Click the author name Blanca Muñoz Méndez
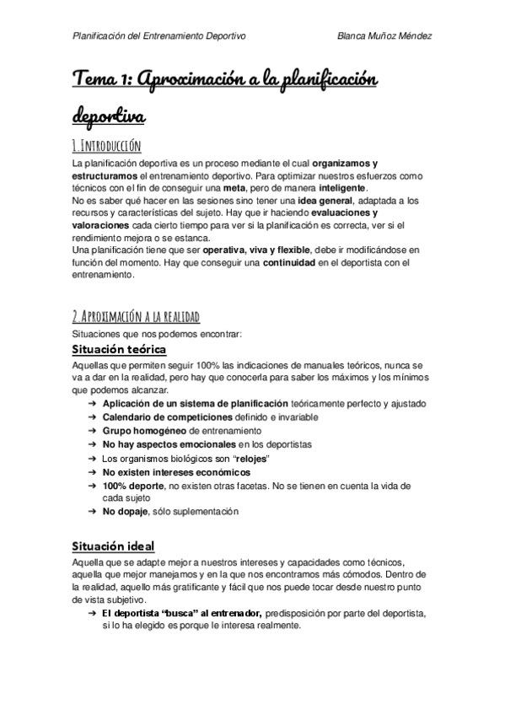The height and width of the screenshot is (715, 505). pyautogui.click(x=384, y=35)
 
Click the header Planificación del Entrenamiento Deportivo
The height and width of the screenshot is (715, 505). pyautogui.click(x=160, y=35)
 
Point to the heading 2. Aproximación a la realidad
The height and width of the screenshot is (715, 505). pyautogui.click(x=136, y=316)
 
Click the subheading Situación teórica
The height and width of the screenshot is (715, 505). pyautogui.click(x=119, y=349)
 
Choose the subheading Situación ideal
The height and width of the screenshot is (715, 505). pyautogui.click(x=112, y=546)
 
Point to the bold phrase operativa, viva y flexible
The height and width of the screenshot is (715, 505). pyautogui.click(x=251, y=250)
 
